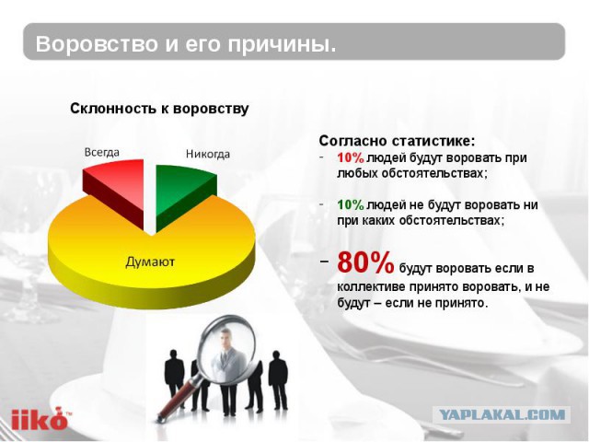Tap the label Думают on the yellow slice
click(x=150, y=262)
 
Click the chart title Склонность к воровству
click(x=159, y=109)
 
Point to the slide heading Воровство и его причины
click(x=185, y=44)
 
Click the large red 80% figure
click(x=365, y=263)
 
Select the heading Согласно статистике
click(x=397, y=141)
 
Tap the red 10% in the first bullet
click(x=350, y=157)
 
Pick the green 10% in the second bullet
click(x=350, y=204)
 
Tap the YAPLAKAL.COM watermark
click(x=502, y=415)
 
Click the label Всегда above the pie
click(x=101, y=152)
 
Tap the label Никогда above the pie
click(x=207, y=154)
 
